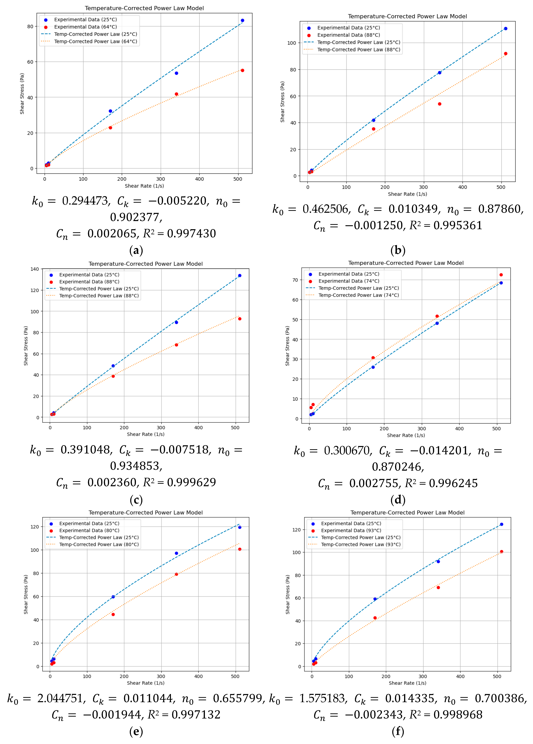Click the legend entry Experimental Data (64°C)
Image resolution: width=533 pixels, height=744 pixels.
(x=85, y=27)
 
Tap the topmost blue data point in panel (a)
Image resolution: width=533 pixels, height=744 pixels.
(x=243, y=20)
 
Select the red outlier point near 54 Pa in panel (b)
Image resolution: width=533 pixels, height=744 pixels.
(x=440, y=104)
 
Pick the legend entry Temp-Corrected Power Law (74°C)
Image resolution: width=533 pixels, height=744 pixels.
(x=358, y=295)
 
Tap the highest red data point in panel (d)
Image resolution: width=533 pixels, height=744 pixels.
(x=501, y=275)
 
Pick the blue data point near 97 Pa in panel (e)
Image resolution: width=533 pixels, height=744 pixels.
(x=176, y=553)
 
